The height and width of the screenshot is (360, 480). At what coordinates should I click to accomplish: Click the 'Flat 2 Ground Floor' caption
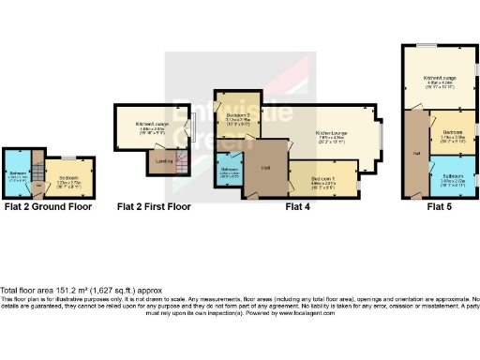[48, 206]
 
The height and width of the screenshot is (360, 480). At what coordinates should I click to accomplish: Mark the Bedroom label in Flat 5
[453, 134]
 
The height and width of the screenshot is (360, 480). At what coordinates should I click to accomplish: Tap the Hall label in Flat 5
[413, 153]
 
